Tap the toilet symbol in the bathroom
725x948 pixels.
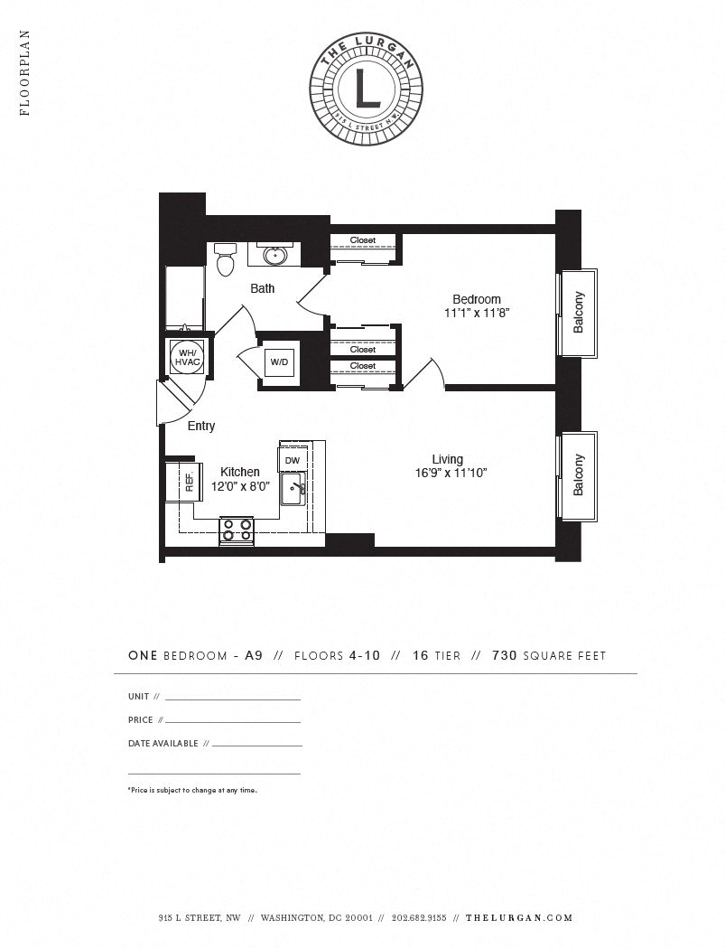226,261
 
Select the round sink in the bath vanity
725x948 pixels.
274,257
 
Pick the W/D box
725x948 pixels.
279,362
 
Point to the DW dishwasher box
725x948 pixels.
292,460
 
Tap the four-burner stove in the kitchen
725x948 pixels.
237,530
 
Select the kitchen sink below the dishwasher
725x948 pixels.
293,491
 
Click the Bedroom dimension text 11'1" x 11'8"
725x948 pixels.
477,314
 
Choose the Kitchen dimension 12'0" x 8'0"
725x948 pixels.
240,485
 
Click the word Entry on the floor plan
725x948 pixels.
200,426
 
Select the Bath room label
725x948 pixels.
263,288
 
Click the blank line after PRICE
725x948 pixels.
232,721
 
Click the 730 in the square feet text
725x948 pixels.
505,656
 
